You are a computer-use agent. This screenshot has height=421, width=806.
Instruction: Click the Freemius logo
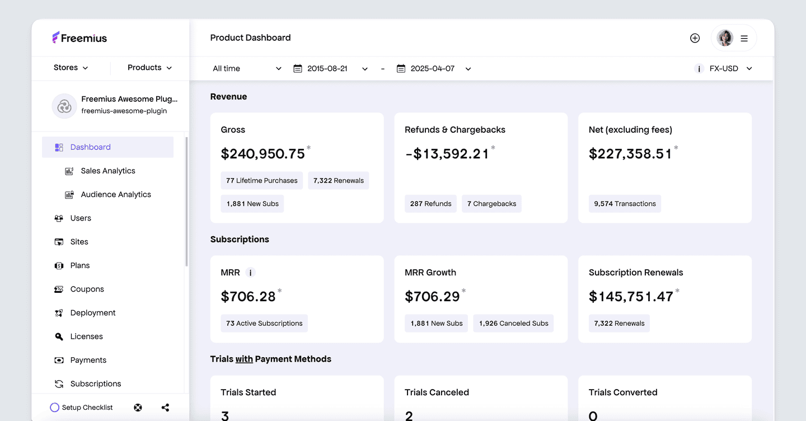pyautogui.click(x=79, y=38)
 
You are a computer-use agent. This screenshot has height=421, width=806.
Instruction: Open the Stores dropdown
pyautogui.click(x=71, y=68)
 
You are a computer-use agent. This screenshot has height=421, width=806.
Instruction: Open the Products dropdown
pyautogui.click(x=149, y=68)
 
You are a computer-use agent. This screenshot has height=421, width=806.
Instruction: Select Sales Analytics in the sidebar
pyautogui.click(x=107, y=171)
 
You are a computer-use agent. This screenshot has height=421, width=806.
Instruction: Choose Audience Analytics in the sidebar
pyautogui.click(x=115, y=194)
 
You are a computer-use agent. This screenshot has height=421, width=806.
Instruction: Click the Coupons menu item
pyautogui.click(x=87, y=289)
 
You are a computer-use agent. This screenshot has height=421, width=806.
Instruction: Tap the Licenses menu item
pyautogui.click(x=86, y=336)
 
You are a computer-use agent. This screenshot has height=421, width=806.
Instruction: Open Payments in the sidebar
pyautogui.click(x=88, y=360)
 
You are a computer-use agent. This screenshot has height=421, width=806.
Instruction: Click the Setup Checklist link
pyautogui.click(x=82, y=408)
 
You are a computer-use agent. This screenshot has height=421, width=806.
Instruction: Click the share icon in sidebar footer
pyautogui.click(x=165, y=408)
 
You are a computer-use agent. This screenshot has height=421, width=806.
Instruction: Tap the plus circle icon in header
pyautogui.click(x=695, y=38)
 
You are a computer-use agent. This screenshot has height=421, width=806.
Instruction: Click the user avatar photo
pyautogui.click(x=725, y=38)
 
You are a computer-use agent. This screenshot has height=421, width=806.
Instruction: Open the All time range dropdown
pyautogui.click(x=247, y=69)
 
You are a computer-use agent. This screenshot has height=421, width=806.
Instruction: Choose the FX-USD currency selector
pyautogui.click(x=730, y=69)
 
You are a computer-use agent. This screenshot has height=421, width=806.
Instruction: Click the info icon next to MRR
pyautogui.click(x=251, y=273)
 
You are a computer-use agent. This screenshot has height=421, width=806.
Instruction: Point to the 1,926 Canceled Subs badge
pyautogui.click(x=513, y=324)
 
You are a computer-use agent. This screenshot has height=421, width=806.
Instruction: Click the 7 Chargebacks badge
pyautogui.click(x=491, y=204)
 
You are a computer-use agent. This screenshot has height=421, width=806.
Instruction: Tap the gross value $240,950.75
pyautogui.click(x=263, y=154)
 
